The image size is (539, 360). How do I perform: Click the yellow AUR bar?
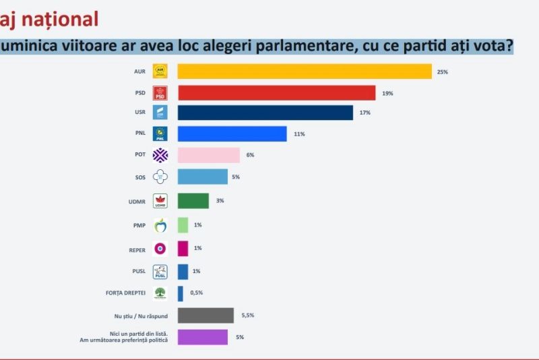click(304, 71)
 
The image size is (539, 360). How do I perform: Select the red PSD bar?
click(276, 92)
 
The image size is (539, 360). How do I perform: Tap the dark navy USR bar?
click(265, 112)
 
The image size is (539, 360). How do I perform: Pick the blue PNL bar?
click(232, 133)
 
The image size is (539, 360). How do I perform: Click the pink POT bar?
click(208, 155)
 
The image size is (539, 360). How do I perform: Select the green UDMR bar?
click(193, 200)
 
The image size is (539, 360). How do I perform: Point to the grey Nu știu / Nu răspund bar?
click(205, 315)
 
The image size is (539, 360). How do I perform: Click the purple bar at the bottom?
click(202, 336)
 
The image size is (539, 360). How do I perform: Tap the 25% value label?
click(442, 71)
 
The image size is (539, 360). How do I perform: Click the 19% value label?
click(387, 93)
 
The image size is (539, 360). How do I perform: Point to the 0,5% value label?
click(196, 293)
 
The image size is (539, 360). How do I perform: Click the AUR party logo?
click(160, 71)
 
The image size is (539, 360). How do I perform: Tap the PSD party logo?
click(160, 92)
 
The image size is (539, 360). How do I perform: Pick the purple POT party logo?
click(160, 155)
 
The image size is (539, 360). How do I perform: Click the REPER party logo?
click(160, 248)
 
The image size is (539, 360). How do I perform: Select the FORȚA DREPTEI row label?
click(126, 293)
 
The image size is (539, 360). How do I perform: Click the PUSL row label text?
click(137, 271)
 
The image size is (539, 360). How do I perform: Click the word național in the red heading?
click(60, 18)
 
